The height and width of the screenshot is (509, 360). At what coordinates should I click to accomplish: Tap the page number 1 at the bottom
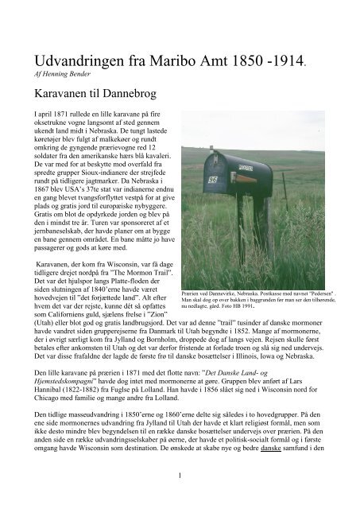click(x=180, y=499)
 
